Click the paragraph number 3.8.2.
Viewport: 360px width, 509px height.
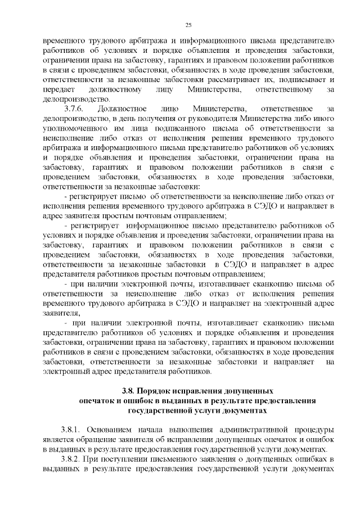73,460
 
